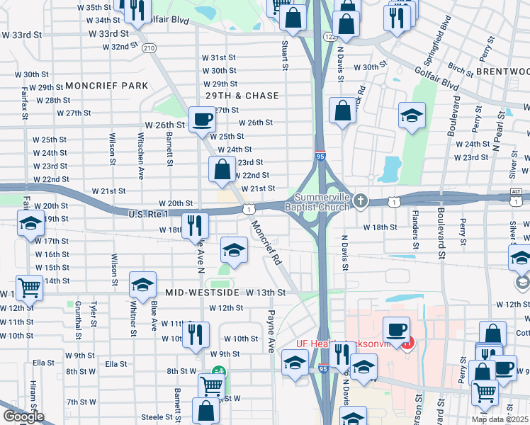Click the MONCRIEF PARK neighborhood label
[x=106, y=86]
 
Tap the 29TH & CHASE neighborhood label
[x=242, y=96]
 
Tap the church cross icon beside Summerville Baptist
[x=361, y=201]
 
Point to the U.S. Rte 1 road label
[x=147, y=214]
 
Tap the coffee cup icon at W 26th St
[x=202, y=119]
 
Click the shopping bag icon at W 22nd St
[x=222, y=170]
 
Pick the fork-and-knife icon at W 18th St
[x=193, y=225]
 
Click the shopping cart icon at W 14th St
[x=29, y=288]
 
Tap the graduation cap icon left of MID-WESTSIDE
[x=142, y=285]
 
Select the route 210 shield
[x=148, y=48]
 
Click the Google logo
[x=23, y=416]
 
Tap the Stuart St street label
[x=285, y=55]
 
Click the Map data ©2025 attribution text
[x=500, y=419]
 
